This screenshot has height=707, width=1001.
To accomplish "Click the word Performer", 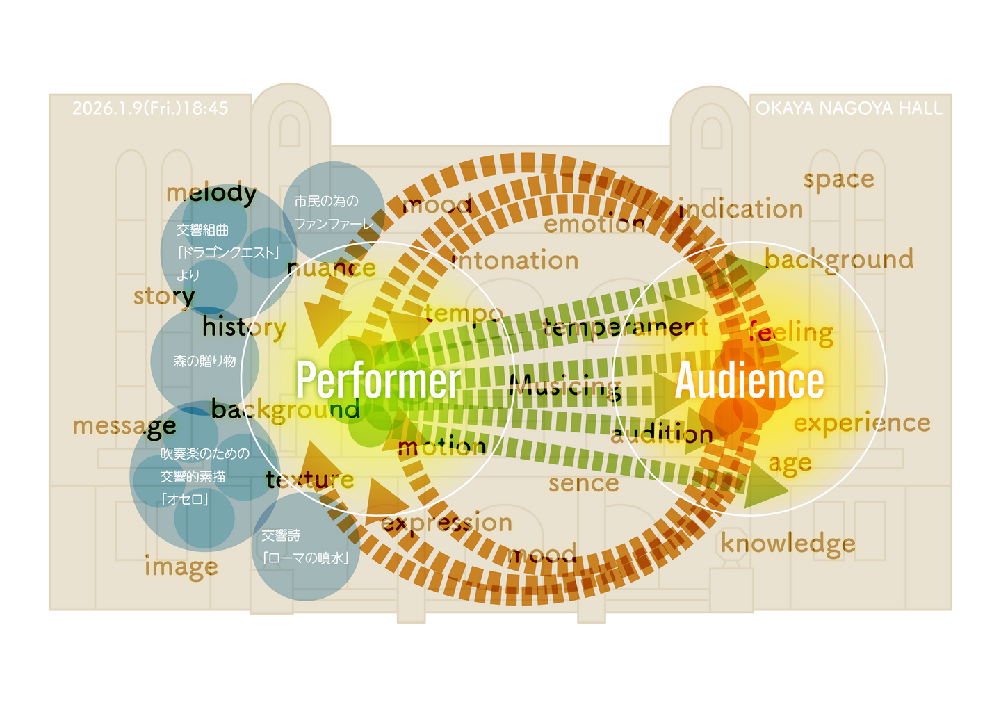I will point(378,380).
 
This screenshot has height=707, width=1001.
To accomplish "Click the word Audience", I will point(749,380).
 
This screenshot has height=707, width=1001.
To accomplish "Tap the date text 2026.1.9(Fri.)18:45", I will point(150,108).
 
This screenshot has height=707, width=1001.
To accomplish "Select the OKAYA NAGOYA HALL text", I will point(849,108).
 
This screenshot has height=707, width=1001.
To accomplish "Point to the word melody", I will point(211,193).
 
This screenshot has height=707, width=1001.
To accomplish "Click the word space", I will point(838,179).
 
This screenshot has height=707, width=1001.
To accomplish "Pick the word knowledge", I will point(788,544).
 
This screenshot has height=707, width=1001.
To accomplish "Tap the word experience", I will point(862,423).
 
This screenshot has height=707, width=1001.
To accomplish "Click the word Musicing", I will point(564,387).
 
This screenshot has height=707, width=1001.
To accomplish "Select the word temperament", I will point(626,327).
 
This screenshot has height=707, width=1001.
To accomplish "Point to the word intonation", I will point(515,261).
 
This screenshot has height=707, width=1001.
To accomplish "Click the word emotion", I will point(594,224).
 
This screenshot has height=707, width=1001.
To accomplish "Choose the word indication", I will point(741,209).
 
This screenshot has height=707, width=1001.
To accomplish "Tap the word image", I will point(181,567).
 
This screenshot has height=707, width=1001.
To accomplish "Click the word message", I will point(124,425).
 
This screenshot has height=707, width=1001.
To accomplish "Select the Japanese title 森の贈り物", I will point(204,361).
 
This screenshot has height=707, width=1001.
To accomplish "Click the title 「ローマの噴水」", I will point(306,558).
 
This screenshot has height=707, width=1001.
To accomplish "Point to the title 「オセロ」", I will point(185,499).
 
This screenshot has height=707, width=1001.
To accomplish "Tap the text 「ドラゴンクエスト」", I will point(228,252).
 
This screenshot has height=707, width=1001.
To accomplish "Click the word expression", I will point(447,523).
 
